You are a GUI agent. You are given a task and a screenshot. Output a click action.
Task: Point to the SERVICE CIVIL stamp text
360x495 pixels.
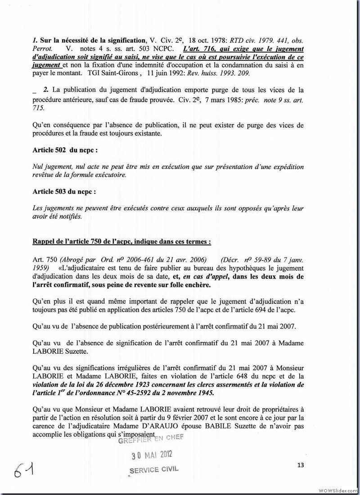click(153, 470)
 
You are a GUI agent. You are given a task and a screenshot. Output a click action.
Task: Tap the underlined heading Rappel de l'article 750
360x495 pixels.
click(121, 241)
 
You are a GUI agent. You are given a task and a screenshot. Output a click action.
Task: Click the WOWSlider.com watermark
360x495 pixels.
click(338, 490)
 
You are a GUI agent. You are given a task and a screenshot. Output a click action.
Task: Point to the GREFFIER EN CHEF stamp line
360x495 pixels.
click(148, 439)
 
